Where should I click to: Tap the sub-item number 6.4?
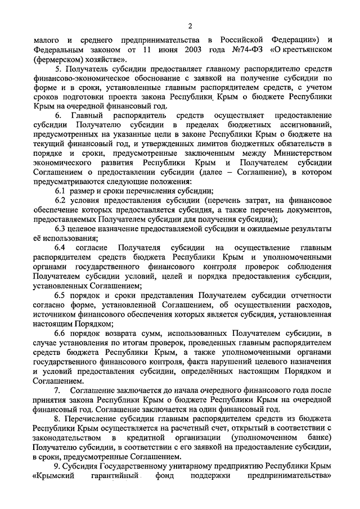click(60, 247)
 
